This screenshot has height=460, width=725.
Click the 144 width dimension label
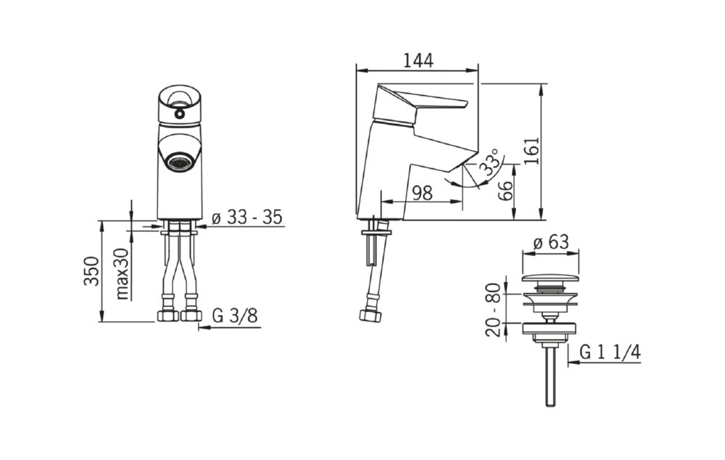[x=418, y=61]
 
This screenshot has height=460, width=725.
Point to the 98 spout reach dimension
[x=422, y=192]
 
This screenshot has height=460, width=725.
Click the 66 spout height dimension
[x=505, y=190]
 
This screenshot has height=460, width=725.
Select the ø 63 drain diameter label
[x=551, y=242]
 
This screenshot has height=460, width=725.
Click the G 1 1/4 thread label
[x=610, y=353]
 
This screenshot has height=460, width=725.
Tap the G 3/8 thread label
[x=235, y=316]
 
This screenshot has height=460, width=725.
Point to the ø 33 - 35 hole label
[x=247, y=217]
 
